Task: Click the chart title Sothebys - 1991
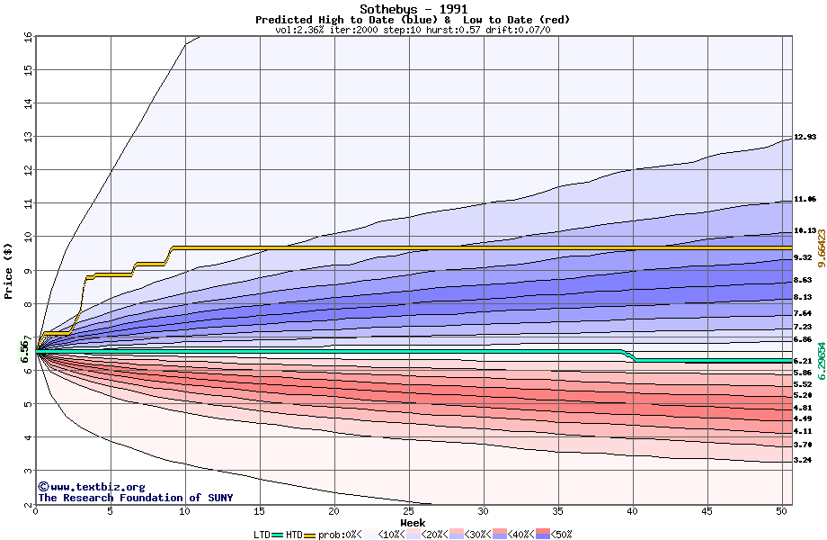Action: click(413, 9)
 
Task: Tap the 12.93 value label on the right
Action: click(805, 137)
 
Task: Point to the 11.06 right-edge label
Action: click(805, 199)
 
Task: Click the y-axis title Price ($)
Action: click(8, 271)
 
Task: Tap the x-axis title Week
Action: click(413, 522)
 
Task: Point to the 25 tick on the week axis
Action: click(408, 512)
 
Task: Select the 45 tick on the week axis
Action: click(707, 512)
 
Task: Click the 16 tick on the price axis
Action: click(27, 37)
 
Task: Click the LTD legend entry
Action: click(262, 535)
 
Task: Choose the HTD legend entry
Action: click(293, 535)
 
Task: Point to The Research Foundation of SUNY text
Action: click(135, 498)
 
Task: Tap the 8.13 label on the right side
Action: click(802, 297)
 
